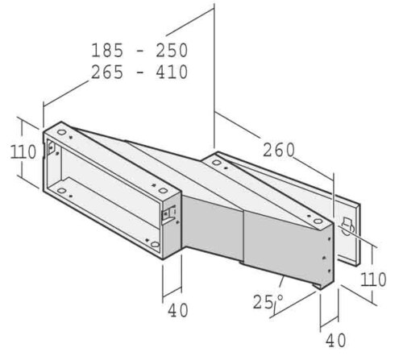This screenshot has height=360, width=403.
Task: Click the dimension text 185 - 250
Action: coord(139,51)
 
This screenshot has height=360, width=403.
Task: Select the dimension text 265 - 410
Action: coord(139,72)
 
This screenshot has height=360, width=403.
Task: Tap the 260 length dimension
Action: coord(278,150)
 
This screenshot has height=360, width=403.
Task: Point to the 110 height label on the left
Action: coord(23,152)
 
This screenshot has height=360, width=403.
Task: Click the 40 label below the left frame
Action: coord(178,309)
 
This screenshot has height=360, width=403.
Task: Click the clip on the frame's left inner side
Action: coord(51,150)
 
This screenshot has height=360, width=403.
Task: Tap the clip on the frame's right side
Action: coord(169,214)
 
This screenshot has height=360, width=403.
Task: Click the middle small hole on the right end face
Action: coord(325,257)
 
